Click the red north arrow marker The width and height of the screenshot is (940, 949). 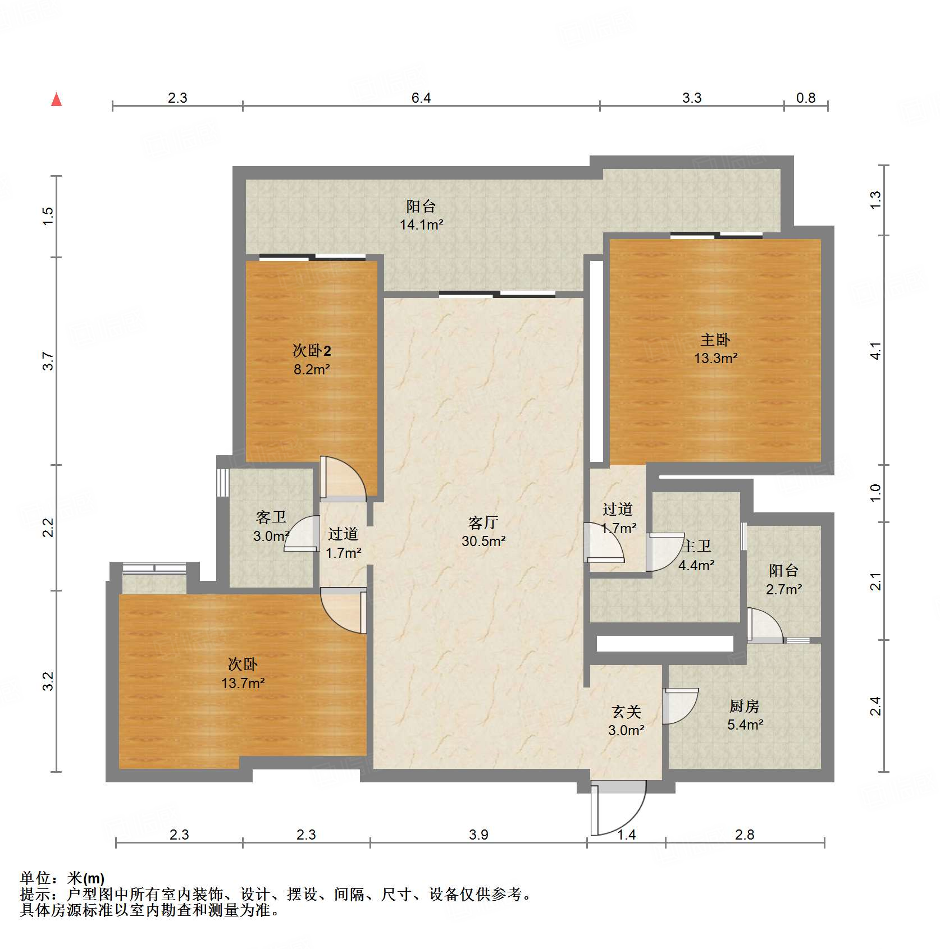(x=56, y=100)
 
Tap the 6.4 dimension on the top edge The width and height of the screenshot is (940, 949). (x=421, y=98)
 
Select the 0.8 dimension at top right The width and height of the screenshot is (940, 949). (x=805, y=98)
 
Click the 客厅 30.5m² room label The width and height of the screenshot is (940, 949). (x=483, y=531)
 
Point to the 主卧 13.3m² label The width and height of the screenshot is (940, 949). (x=715, y=349)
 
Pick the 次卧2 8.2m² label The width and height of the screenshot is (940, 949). (x=312, y=360)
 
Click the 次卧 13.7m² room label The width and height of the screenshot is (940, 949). (x=243, y=673)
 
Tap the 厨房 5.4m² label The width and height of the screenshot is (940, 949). (x=745, y=715)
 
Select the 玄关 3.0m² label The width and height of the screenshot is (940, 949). (x=626, y=721)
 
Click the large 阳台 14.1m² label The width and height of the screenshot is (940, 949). (x=421, y=216)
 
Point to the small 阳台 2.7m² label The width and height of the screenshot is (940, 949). (x=783, y=580)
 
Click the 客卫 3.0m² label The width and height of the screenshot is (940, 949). (x=271, y=526)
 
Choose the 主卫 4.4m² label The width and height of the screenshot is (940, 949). (x=696, y=556)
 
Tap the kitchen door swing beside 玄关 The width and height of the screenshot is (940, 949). (x=679, y=706)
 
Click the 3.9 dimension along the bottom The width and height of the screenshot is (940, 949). (x=478, y=835)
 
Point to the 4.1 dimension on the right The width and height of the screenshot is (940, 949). (x=875, y=351)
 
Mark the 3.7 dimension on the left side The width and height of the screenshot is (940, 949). (x=49, y=361)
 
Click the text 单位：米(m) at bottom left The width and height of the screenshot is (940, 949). (x=62, y=878)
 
